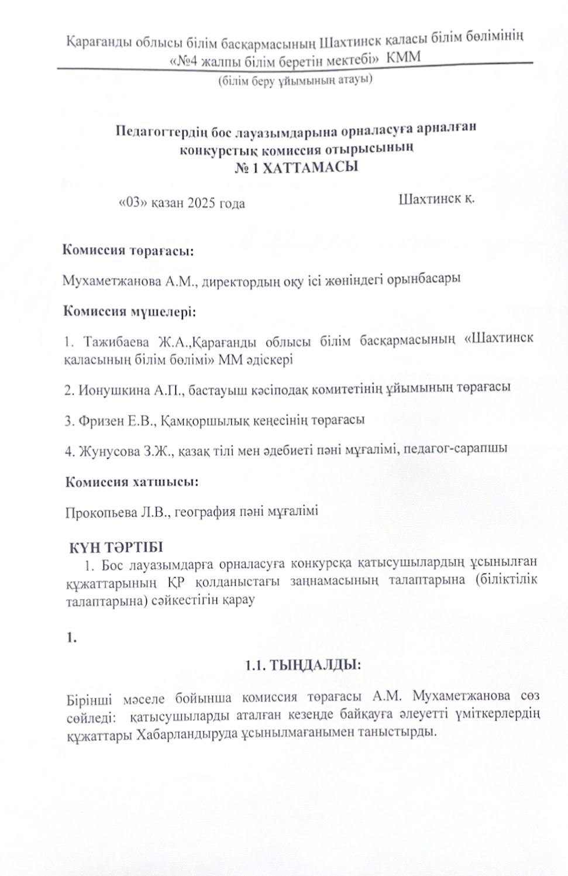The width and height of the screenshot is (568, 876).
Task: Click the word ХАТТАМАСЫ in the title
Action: click(x=310, y=168)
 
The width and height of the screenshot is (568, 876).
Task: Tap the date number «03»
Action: click(x=131, y=202)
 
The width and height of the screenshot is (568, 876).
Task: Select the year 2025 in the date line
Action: click(x=201, y=203)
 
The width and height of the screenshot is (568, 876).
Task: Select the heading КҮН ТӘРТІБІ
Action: click(x=116, y=547)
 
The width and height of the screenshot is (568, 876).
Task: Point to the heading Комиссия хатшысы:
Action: click(x=132, y=482)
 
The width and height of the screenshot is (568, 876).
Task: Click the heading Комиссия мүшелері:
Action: click(x=129, y=311)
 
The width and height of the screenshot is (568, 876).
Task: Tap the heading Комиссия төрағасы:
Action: click(x=128, y=250)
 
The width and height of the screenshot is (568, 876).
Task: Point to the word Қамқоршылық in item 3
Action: click(x=201, y=420)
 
